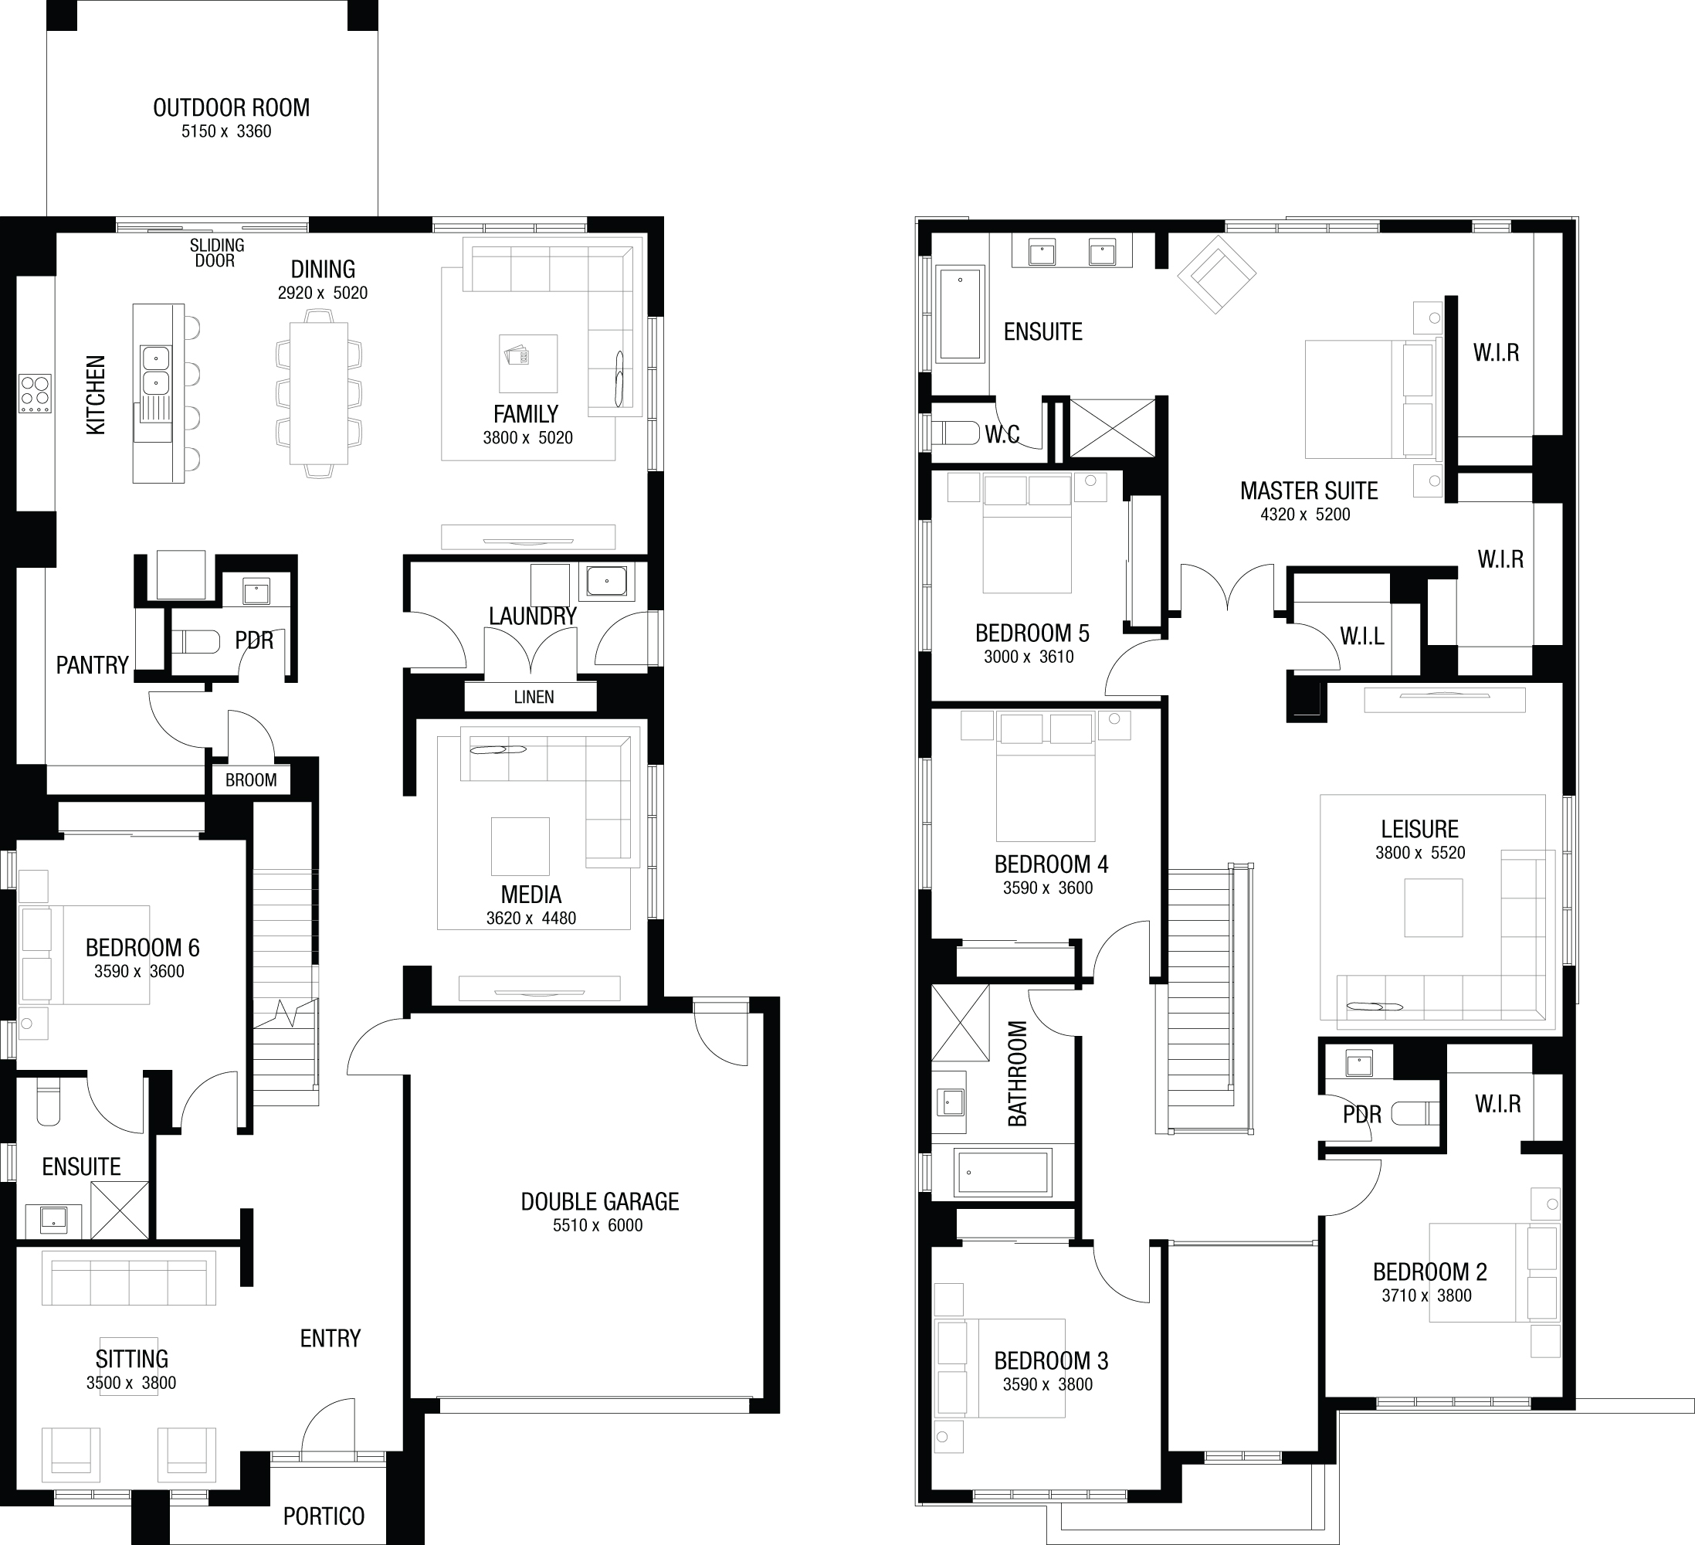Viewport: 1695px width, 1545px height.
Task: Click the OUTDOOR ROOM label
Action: coord(231,107)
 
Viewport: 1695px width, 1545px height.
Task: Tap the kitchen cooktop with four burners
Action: coord(36,392)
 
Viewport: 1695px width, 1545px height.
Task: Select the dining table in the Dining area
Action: coord(319,392)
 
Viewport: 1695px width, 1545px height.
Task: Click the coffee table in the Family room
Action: coord(528,363)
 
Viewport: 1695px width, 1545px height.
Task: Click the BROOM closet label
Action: coord(250,779)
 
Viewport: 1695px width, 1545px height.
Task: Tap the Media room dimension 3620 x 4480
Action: coord(531,919)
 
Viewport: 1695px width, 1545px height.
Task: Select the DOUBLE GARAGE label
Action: coord(599,1202)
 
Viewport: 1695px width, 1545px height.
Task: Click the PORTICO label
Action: coord(324,1516)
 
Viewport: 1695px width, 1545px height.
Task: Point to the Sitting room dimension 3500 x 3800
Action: coord(131,1383)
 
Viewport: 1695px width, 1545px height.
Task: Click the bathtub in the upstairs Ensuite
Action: coord(960,314)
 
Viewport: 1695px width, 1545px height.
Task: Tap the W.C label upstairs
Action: coord(1002,435)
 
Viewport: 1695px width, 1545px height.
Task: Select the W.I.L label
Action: coord(1362,636)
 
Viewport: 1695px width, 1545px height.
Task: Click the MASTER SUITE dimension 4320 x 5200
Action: coord(1305,514)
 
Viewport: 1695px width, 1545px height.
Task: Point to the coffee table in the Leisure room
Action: coord(1433,908)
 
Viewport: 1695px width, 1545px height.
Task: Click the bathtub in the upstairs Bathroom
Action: coord(1002,1173)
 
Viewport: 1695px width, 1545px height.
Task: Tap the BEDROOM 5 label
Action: coord(1032,633)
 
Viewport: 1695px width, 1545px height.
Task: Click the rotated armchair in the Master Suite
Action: coord(1215,273)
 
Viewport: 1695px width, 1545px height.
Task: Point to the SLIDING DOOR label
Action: coord(216,253)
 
